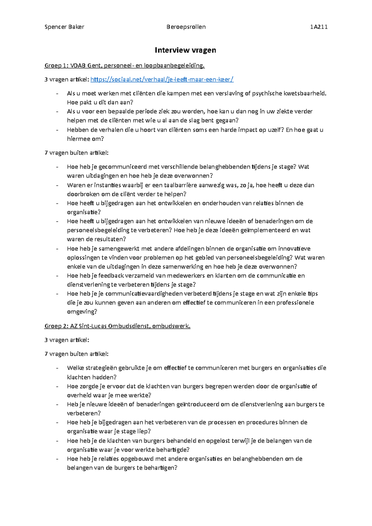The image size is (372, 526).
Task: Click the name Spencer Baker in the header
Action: point(64,27)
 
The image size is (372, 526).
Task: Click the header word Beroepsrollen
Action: point(186,27)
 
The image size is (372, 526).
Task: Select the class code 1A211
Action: point(319,27)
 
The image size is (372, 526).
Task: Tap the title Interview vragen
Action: point(185,50)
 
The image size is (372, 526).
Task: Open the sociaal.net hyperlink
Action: point(162,80)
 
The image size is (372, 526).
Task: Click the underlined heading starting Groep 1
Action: point(125,66)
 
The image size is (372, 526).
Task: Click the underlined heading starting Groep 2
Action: point(117,326)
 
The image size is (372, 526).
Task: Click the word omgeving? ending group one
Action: point(82,312)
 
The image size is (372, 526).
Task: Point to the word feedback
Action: point(111,276)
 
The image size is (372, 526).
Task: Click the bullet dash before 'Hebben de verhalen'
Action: point(57,130)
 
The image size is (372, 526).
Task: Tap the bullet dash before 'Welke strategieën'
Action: point(57,368)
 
